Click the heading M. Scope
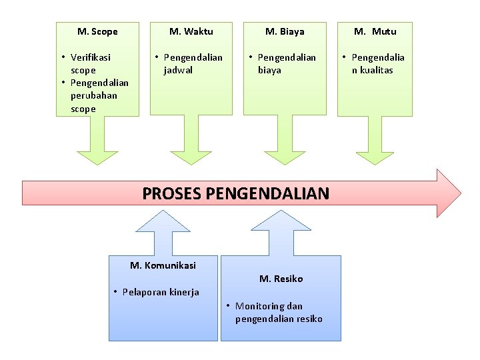[97, 31]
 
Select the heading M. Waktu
[191, 31]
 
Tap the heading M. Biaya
[285, 31]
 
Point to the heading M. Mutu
[375, 31]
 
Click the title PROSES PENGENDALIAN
[236, 194]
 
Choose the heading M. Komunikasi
[163, 265]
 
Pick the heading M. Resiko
[281, 279]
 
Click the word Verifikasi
[91, 57]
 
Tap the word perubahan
[93, 95]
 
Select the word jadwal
[178, 70]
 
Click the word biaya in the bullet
[270, 70]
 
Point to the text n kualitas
[373, 70]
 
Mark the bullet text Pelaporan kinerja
[161, 292]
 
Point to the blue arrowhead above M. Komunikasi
[163, 221]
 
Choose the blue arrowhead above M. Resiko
[281, 221]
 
